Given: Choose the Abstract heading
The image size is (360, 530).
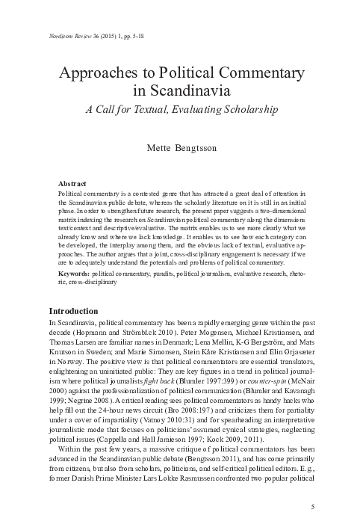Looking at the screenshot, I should click(x=72, y=183).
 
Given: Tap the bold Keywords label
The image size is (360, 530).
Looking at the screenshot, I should click(x=74, y=274).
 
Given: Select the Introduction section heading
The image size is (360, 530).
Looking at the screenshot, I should click(x=76, y=310).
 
